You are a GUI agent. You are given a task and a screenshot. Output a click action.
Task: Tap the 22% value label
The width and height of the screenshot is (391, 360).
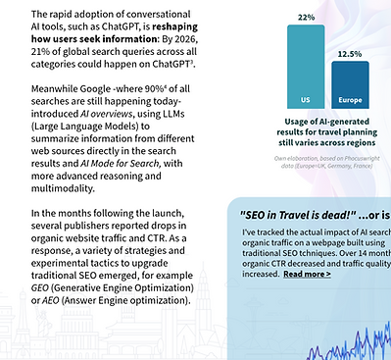coord(306,18)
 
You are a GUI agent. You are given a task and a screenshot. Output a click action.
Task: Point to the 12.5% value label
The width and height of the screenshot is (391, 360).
coord(350,54)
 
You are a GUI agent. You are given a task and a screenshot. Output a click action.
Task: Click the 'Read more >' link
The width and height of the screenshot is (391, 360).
coord(307,275)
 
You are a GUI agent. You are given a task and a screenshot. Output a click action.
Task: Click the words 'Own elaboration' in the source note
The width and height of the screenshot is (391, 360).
coord(298,158)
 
